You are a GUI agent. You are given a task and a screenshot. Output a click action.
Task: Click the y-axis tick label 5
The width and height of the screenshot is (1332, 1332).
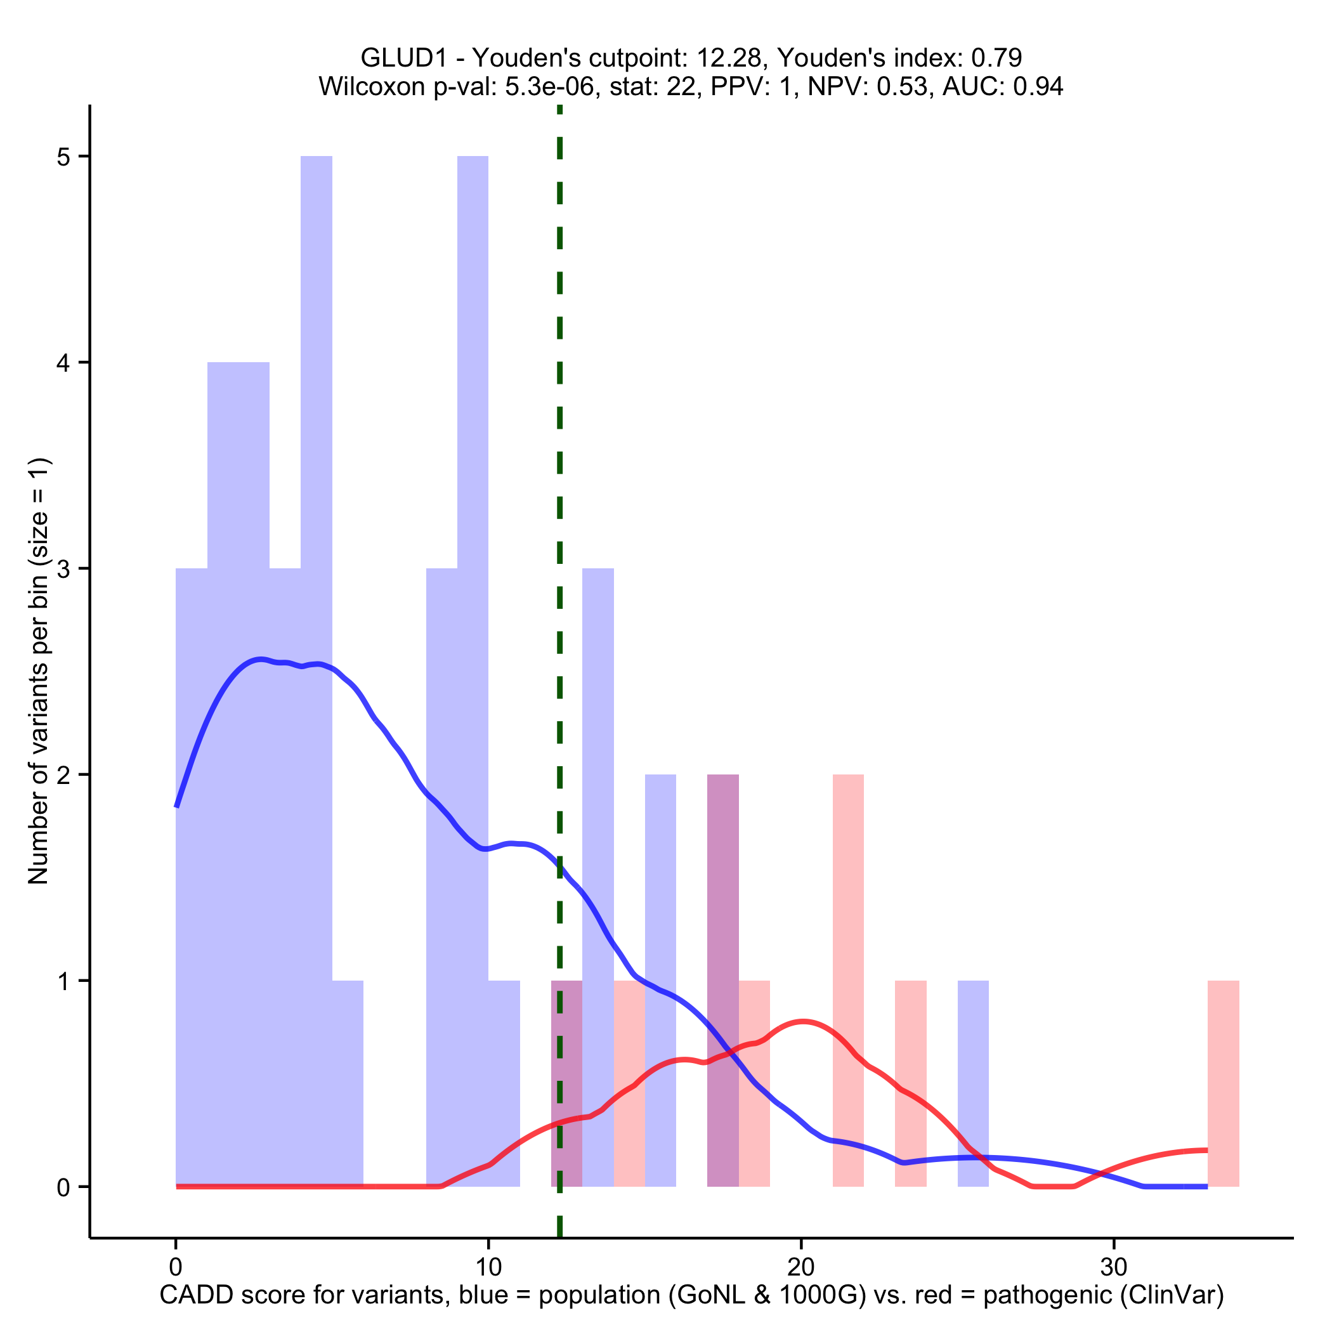coord(63,157)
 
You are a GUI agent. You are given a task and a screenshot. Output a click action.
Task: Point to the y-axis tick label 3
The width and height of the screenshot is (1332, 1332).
coord(63,570)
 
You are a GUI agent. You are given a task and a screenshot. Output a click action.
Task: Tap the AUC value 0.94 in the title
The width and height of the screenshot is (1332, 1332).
coord(1038,86)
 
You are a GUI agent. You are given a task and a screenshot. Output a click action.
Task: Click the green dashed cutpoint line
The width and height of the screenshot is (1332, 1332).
coord(559,483)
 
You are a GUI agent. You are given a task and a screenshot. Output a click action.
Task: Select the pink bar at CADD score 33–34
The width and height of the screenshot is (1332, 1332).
coord(1223,1083)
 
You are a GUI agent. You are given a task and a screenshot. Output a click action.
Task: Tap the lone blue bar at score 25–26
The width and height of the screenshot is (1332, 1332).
coord(973,1083)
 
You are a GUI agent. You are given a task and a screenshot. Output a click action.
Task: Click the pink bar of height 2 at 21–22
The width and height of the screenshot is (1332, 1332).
coord(848,979)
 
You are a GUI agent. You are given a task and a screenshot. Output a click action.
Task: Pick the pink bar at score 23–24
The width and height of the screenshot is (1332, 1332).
coord(910,1083)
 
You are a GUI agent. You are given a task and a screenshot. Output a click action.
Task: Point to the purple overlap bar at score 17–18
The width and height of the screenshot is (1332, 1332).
coord(722,979)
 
